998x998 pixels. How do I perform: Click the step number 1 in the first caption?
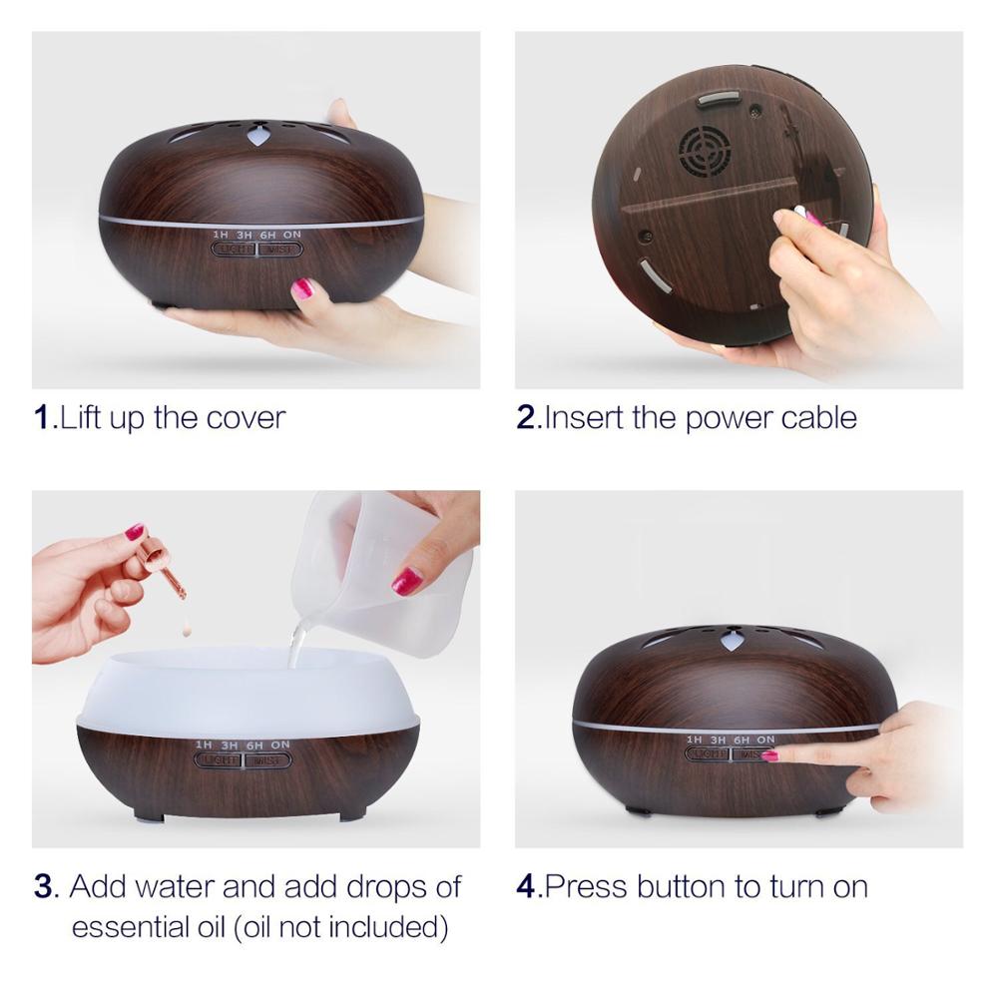pos(41,417)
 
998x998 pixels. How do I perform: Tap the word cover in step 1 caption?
pos(246,417)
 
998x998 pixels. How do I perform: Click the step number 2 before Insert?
pos(527,417)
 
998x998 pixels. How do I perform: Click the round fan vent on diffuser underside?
pos(705,150)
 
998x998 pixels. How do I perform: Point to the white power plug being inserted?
pos(800,213)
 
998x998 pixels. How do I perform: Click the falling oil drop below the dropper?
pos(186,629)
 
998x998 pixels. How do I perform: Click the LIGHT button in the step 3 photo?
pos(218,760)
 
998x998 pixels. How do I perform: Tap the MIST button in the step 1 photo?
pos(279,249)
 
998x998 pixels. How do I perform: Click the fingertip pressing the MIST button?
pos(770,755)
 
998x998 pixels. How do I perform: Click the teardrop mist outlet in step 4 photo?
pos(734,640)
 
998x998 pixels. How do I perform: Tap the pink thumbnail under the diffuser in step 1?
pos(302,289)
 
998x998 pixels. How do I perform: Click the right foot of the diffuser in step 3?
pos(351,813)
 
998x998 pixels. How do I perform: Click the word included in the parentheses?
pos(383,927)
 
